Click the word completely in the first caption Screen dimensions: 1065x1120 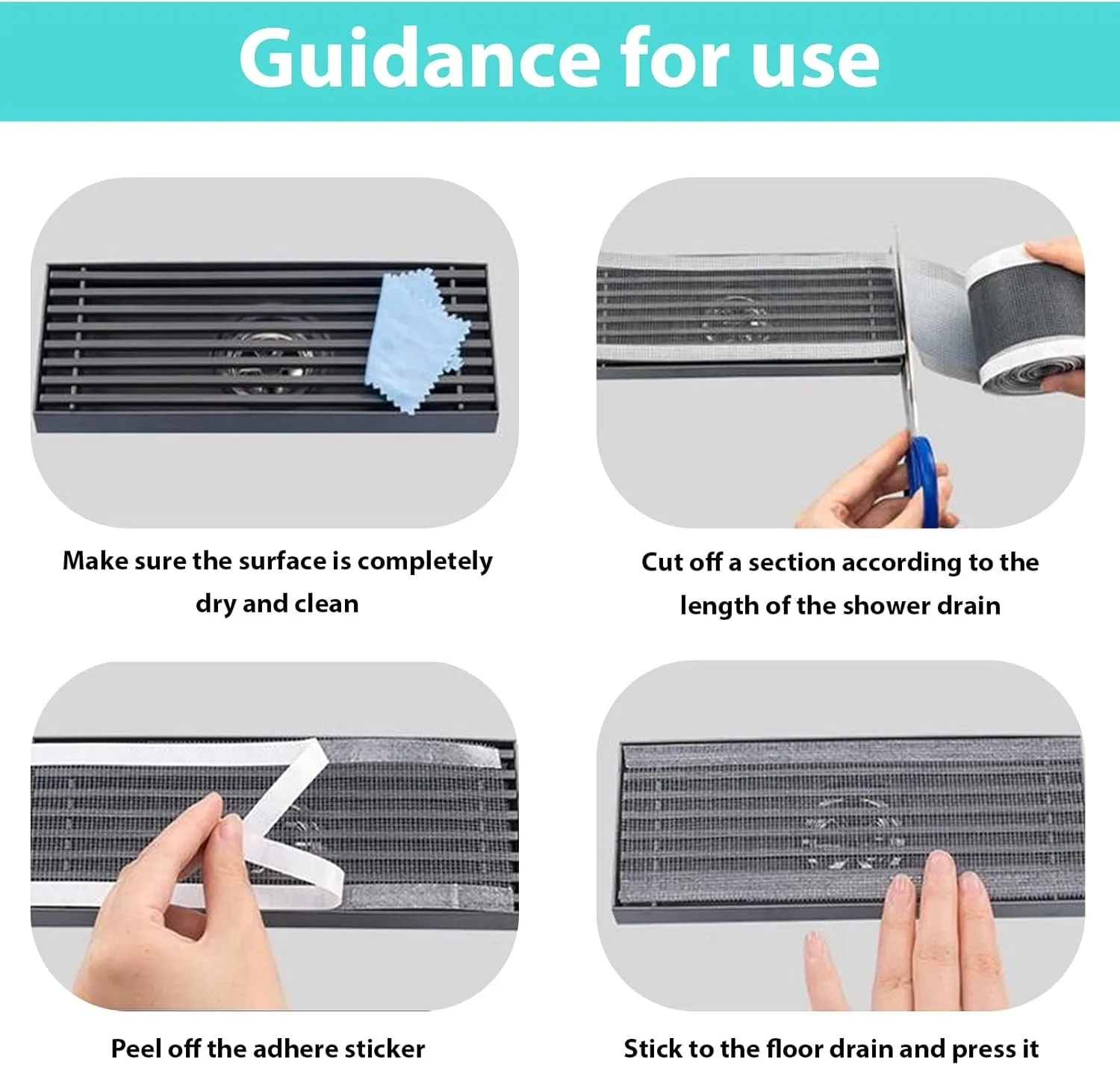coord(425,562)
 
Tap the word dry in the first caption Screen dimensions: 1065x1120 coord(215,604)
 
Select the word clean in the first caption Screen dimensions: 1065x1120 coord(327,603)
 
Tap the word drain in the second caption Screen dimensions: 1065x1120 coord(968,605)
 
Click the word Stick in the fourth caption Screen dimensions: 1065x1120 coord(653,1048)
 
